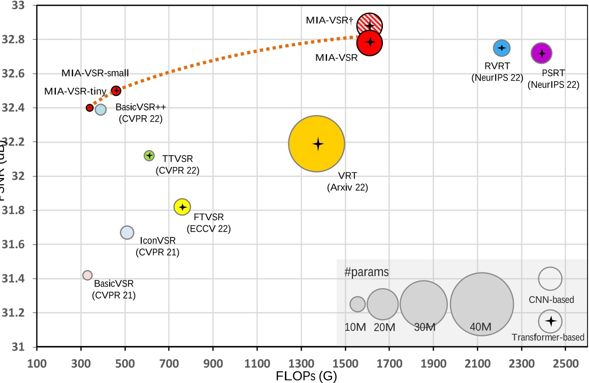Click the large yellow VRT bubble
317,144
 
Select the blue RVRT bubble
502,48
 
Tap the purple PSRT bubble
541,53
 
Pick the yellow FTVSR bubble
182,206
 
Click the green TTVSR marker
149,156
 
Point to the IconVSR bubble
127,232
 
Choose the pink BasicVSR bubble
87,275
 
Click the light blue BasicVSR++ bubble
101,109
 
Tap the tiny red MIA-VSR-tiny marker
90,108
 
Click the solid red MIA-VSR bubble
370,43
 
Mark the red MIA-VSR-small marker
116,91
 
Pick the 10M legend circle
357,304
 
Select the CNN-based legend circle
550,278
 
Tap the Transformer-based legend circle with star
550,321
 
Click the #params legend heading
367,272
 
